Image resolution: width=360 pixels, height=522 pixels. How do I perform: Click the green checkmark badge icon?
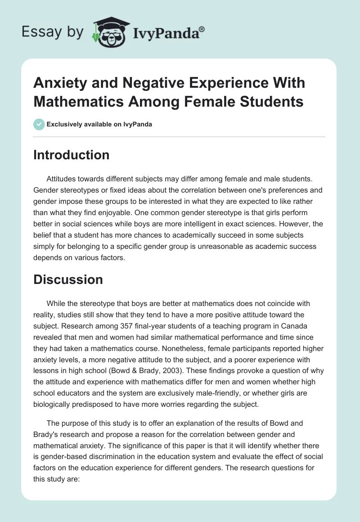coord(39,124)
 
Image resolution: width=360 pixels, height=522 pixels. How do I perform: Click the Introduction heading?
coord(71,155)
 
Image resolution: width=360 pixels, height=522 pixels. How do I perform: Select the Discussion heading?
coord(68,279)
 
